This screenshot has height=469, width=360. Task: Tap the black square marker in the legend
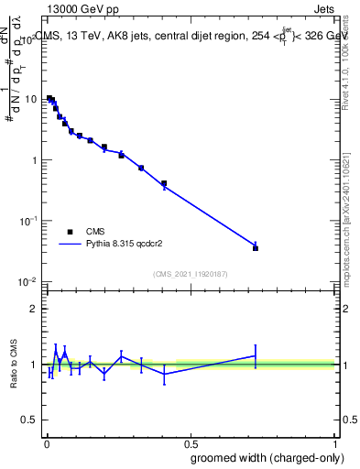point(70,232)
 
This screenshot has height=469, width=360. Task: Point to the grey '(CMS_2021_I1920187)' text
point(191,273)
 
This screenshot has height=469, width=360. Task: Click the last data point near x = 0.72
point(256,247)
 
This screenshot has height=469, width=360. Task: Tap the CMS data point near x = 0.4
point(164,184)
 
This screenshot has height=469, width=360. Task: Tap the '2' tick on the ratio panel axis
point(35,309)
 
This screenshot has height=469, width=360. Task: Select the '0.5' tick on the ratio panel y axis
point(30,421)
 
